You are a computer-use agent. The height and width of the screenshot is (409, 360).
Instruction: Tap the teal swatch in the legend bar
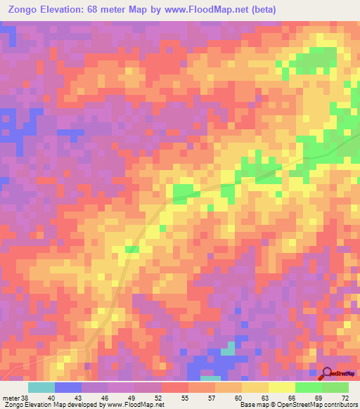pyautogui.click(x=41, y=387)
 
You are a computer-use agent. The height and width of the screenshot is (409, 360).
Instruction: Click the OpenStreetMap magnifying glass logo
pyautogui.click(x=328, y=375)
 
